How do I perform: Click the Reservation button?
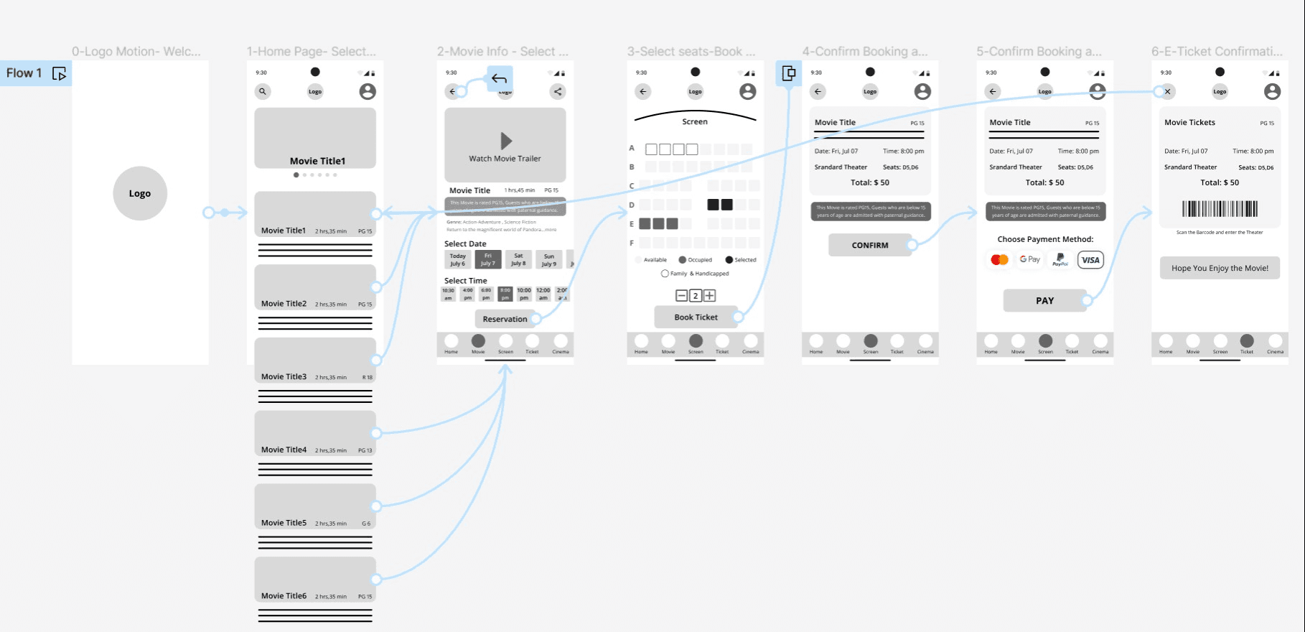[505, 319]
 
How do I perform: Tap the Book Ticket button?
[696, 317]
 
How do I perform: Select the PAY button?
[1044, 301]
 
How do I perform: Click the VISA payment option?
[1090, 260]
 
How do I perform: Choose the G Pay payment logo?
[1029, 259]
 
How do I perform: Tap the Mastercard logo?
[999, 260]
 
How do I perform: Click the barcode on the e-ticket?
[1220, 209]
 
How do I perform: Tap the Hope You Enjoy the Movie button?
[1220, 268]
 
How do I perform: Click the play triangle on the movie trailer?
[506, 141]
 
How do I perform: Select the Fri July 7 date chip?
[488, 259]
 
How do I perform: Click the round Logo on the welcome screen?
[140, 193]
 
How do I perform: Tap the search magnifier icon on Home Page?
[263, 91]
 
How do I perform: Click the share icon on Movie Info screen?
[558, 91]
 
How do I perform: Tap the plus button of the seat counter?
[709, 295]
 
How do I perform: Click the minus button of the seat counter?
[681, 295]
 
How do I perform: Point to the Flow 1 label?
[24, 73]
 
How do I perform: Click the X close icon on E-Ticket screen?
[1168, 91]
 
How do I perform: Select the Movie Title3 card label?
[284, 376]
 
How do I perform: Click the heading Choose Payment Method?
[1044, 239]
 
